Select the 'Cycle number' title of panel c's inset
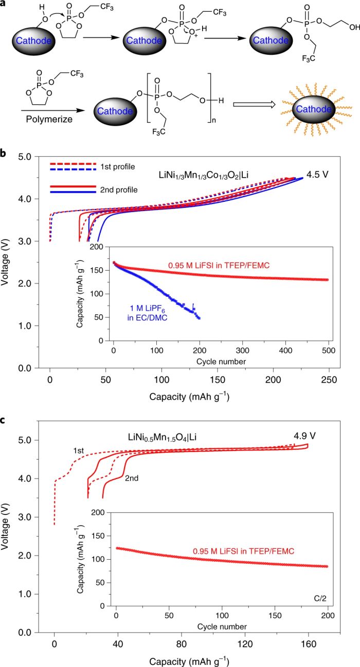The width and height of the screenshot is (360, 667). coord(222,626)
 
